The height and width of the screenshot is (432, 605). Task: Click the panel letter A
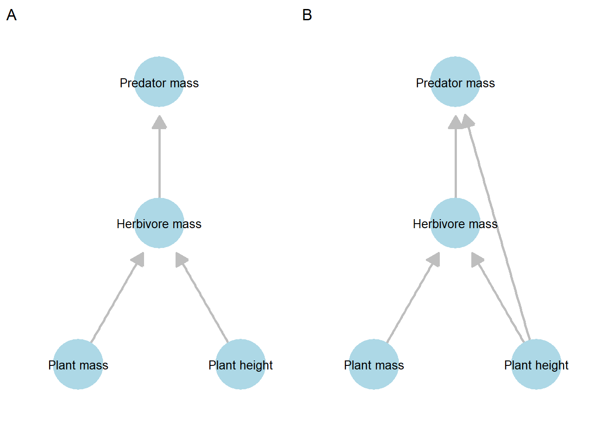(x=12, y=15)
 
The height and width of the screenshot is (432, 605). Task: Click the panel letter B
(x=307, y=15)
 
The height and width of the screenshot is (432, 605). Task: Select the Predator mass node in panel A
(x=159, y=82)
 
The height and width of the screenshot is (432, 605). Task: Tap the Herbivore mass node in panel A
(x=159, y=223)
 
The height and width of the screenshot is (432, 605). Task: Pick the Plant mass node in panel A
(x=78, y=364)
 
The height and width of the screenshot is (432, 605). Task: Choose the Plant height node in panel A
(x=240, y=364)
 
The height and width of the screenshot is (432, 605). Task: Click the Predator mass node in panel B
(x=455, y=82)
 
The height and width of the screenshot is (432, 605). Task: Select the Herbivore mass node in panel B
(x=455, y=223)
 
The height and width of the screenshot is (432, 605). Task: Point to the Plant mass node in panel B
(x=374, y=364)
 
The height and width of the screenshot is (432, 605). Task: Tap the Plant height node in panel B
(x=536, y=364)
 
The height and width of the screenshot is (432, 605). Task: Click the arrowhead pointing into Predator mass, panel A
(x=159, y=122)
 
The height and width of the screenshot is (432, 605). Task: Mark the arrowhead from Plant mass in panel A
(x=138, y=260)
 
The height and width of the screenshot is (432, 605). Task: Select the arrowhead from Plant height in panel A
(x=181, y=260)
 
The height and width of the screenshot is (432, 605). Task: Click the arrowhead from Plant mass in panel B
(x=434, y=260)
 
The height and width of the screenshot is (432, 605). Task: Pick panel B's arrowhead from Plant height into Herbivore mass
(x=476, y=260)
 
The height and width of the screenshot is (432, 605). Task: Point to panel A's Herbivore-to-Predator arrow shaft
(x=159, y=162)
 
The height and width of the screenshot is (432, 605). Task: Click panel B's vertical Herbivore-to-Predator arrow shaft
(x=455, y=162)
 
